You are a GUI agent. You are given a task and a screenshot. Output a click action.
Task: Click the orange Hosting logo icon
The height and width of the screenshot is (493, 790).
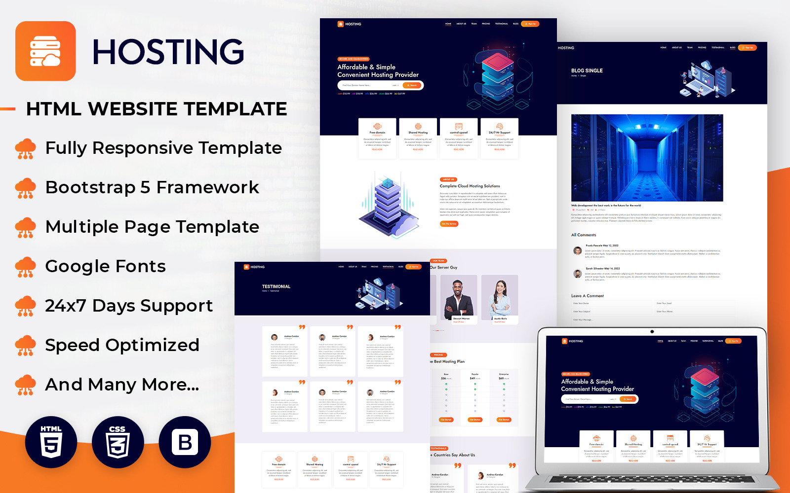click(x=45, y=51)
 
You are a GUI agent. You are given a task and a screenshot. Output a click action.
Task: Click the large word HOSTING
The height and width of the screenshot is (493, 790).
click(x=168, y=52)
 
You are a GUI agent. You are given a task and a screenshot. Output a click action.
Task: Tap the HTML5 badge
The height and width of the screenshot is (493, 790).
click(x=51, y=442)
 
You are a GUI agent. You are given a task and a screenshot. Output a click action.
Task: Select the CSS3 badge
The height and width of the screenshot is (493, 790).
click(x=118, y=442)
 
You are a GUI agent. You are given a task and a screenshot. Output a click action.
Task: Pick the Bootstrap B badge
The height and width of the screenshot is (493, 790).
click(x=185, y=442)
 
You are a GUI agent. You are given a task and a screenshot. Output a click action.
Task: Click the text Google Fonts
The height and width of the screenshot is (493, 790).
click(x=105, y=266)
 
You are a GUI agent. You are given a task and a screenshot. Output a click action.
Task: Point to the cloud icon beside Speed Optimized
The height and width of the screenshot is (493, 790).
click(x=25, y=346)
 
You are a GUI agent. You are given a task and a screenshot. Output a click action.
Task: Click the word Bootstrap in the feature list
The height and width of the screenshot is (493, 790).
click(x=90, y=187)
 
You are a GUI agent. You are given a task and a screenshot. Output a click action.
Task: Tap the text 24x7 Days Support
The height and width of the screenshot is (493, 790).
click(x=129, y=306)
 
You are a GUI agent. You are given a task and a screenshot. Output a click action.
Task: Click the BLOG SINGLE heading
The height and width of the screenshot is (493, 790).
click(x=587, y=70)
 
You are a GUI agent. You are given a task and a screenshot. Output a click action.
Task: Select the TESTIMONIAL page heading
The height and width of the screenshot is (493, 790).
click(x=276, y=286)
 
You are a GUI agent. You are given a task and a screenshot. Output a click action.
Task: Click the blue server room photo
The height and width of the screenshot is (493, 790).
click(x=647, y=158)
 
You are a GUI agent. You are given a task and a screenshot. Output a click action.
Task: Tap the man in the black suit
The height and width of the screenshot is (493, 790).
click(x=459, y=298)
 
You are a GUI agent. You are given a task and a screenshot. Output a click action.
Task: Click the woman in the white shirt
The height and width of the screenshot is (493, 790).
click(x=500, y=298)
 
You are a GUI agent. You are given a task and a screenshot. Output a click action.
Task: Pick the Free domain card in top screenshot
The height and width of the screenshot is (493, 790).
click(x=377, y=138)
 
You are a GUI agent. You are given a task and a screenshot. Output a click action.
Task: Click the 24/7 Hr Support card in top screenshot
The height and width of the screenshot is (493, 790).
click(x=500, y=138)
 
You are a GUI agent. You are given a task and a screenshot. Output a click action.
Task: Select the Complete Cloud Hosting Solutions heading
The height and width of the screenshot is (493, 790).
click(x=470, y=186)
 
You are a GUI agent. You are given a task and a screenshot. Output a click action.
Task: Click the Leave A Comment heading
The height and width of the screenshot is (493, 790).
click(x=588, y=296)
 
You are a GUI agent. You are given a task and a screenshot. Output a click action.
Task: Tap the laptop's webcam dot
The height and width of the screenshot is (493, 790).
click(x=652, y=331)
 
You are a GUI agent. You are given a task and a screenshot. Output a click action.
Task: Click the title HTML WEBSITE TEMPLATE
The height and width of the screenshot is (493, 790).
click(x=157, y=109)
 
